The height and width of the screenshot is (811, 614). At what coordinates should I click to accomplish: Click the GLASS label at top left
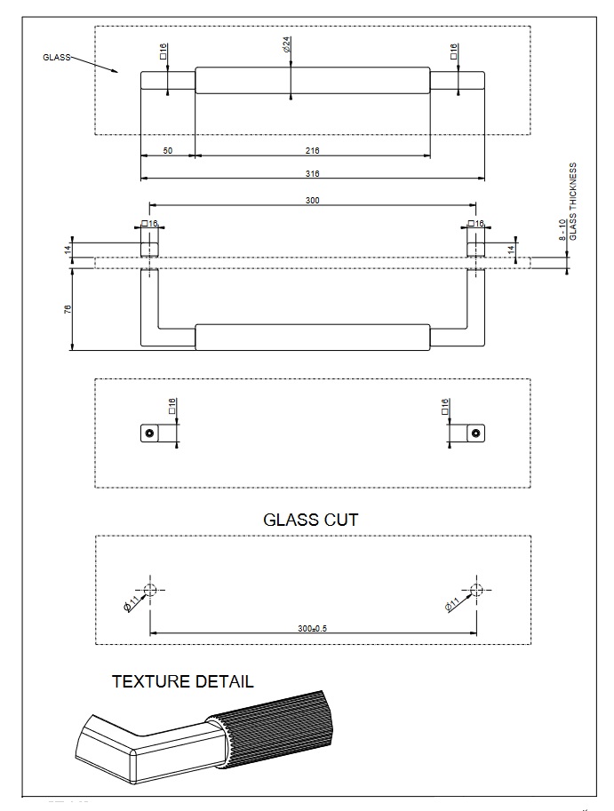(55, 56)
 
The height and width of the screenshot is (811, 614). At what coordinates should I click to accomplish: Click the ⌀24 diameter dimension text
(288, 44)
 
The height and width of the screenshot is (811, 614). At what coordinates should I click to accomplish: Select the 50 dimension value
(167, 151)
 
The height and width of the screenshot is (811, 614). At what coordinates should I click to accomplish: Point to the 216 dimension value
(313, 151)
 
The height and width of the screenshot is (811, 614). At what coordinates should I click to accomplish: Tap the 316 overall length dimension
(313, 173)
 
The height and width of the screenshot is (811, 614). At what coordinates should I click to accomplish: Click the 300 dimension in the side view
(313, 201)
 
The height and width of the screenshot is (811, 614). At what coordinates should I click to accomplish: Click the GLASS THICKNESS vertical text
(573, 201)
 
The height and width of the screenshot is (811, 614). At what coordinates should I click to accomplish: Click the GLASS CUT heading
(311, 520)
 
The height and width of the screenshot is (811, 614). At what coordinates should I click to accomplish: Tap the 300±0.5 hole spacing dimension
(313, 628)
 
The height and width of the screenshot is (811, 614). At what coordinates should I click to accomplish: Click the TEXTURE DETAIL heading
(182, 681)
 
